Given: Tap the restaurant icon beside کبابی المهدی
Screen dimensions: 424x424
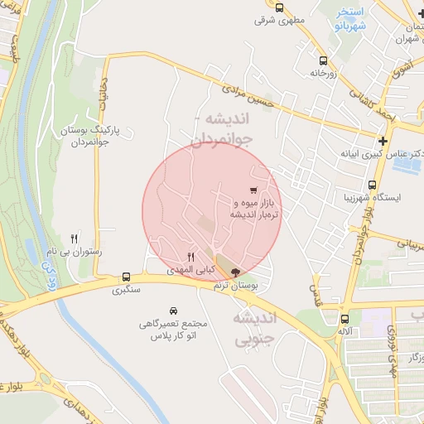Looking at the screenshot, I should [191, 257].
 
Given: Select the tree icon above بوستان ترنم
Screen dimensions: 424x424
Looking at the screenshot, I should [235, 272].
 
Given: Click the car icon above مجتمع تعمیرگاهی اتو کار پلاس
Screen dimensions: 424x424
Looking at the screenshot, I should [172, 309].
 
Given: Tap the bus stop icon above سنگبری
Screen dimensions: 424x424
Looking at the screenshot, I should [126, 277].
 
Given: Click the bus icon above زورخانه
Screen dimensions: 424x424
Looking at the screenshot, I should [322, 60].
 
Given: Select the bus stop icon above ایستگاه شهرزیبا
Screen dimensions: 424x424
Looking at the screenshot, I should [372, 185].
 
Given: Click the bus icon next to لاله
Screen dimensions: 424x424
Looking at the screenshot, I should [345, 319].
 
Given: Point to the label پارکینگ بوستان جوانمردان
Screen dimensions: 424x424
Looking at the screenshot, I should [94, 135].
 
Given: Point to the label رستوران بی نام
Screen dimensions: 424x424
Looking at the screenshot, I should [76, 251].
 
